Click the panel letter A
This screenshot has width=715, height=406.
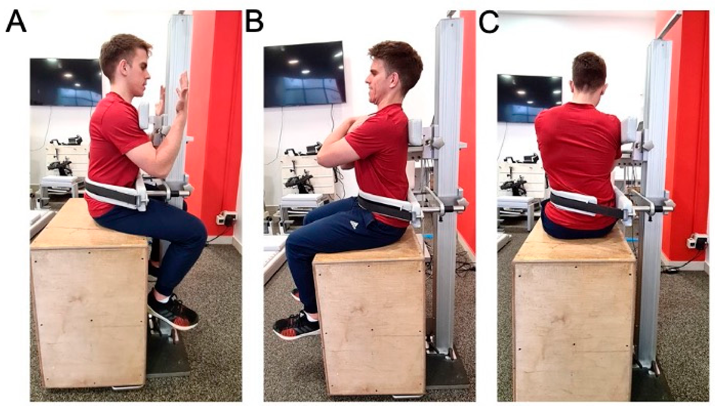16,22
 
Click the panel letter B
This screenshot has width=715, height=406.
254,22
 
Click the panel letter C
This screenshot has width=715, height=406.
489,22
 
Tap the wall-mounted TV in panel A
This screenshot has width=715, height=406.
66,82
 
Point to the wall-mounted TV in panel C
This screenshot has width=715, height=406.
530,98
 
